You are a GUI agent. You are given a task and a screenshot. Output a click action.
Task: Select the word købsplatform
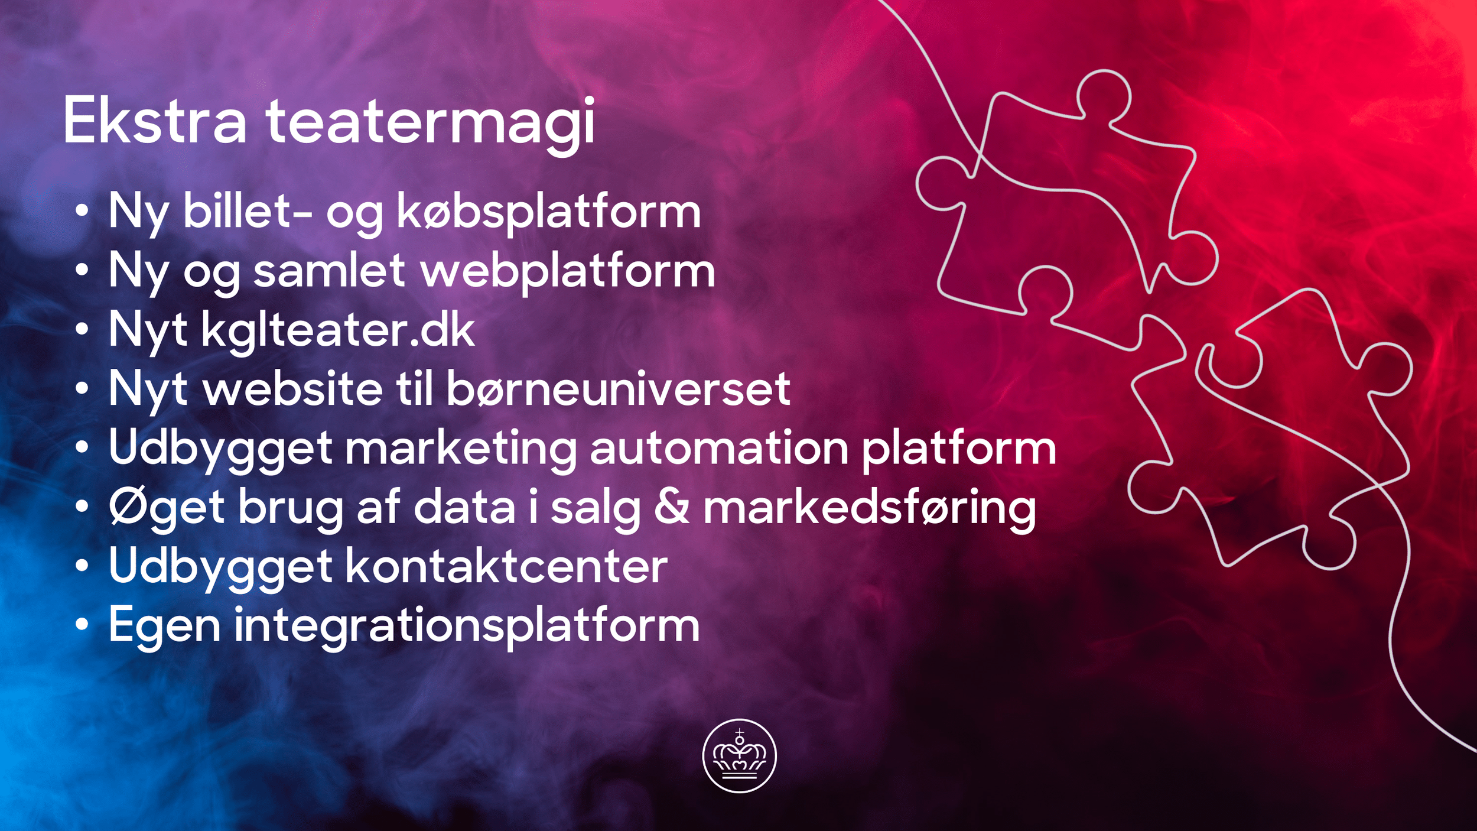coord(549,212)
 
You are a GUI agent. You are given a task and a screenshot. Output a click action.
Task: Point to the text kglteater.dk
coord(337,330)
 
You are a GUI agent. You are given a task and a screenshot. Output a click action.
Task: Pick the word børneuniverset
coord(618,389)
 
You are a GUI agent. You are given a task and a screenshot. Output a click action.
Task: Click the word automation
coord(719,448)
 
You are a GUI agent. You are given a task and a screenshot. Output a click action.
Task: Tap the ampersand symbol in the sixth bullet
coord(672,507)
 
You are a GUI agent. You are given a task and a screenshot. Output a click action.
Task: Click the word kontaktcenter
coord(506,566)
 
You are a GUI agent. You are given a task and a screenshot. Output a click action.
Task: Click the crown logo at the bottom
coord(739,756)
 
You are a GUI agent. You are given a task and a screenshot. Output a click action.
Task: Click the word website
coord(293,389)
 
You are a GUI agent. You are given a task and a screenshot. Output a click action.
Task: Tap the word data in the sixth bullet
coord(464,507)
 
